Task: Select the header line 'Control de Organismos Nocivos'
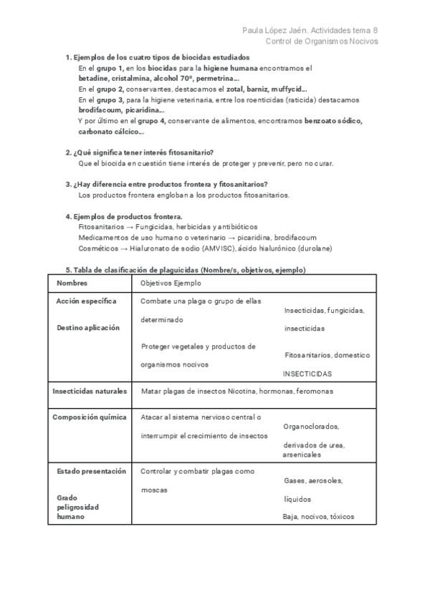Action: (x=322, y=42)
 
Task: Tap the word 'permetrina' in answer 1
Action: (x=216, y=79)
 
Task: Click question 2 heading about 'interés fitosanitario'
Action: (x=141, y=152)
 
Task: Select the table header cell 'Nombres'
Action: (x=72, y=283)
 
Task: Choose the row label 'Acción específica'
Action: (x=86, y=301)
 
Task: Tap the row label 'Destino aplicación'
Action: (x=88, y=328)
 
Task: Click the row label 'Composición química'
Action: (x=90, y=417)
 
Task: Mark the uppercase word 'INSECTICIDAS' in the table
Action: (x=307, y=374)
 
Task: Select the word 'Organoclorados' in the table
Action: (x=311, y=427)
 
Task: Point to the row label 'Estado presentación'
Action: (x=91, y=471)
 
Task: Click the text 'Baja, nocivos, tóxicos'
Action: (x=318, y=516)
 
